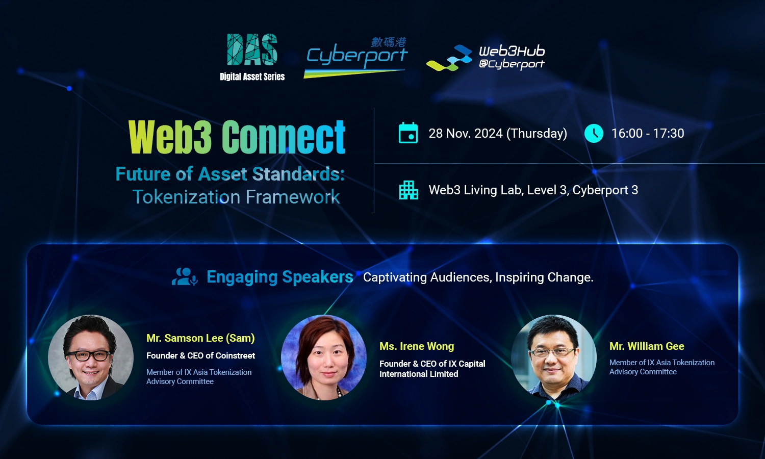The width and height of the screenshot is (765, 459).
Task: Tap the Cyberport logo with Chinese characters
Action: pyautogui.click(x=355, y=57)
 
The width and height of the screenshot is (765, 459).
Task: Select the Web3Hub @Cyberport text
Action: pyautogui.click(x=512, y=57)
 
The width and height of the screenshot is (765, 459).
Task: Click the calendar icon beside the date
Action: pyautogui.click(x=408, y=133)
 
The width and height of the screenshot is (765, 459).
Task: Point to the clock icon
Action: pyautogui.click(x=594, y=133)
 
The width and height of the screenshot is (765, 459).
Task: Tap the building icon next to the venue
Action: pyautogui.click(x=409, y=190)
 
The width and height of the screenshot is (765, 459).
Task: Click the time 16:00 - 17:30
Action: pyautogui.click(x=648, y=133)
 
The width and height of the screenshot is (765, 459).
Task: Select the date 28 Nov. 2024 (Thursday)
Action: pyautogui.click(x=498, y=133)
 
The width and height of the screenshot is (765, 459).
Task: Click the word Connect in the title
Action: pyautogui.click(x=284, y=137)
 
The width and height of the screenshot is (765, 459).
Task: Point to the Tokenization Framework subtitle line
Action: pyautogui.click(x=236, y=197)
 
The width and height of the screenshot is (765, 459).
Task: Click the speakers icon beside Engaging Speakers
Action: pyautogui.click(x=185, y=276)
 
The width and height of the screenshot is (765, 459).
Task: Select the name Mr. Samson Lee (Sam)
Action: pyautogui.click(x=200, y=338)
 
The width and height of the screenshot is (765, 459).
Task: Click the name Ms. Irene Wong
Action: pyautogui.click(x=417, y=346)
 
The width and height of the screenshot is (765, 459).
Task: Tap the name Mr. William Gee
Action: pyautogui.click(x=647, y=346)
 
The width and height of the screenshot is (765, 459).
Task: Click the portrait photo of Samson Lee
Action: pyautogui.click(x=91, y=357)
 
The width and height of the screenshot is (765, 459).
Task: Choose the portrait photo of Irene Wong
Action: pyautogui.click(x=324, y=357)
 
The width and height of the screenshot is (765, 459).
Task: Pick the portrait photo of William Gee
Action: pyautogui.click(x=553, y=357)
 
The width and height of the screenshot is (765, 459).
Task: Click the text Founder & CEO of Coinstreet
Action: pyautogui.click(x=200, y=355)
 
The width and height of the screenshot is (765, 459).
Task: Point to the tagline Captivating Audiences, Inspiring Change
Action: pyautogui.click(x=478, y=277)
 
